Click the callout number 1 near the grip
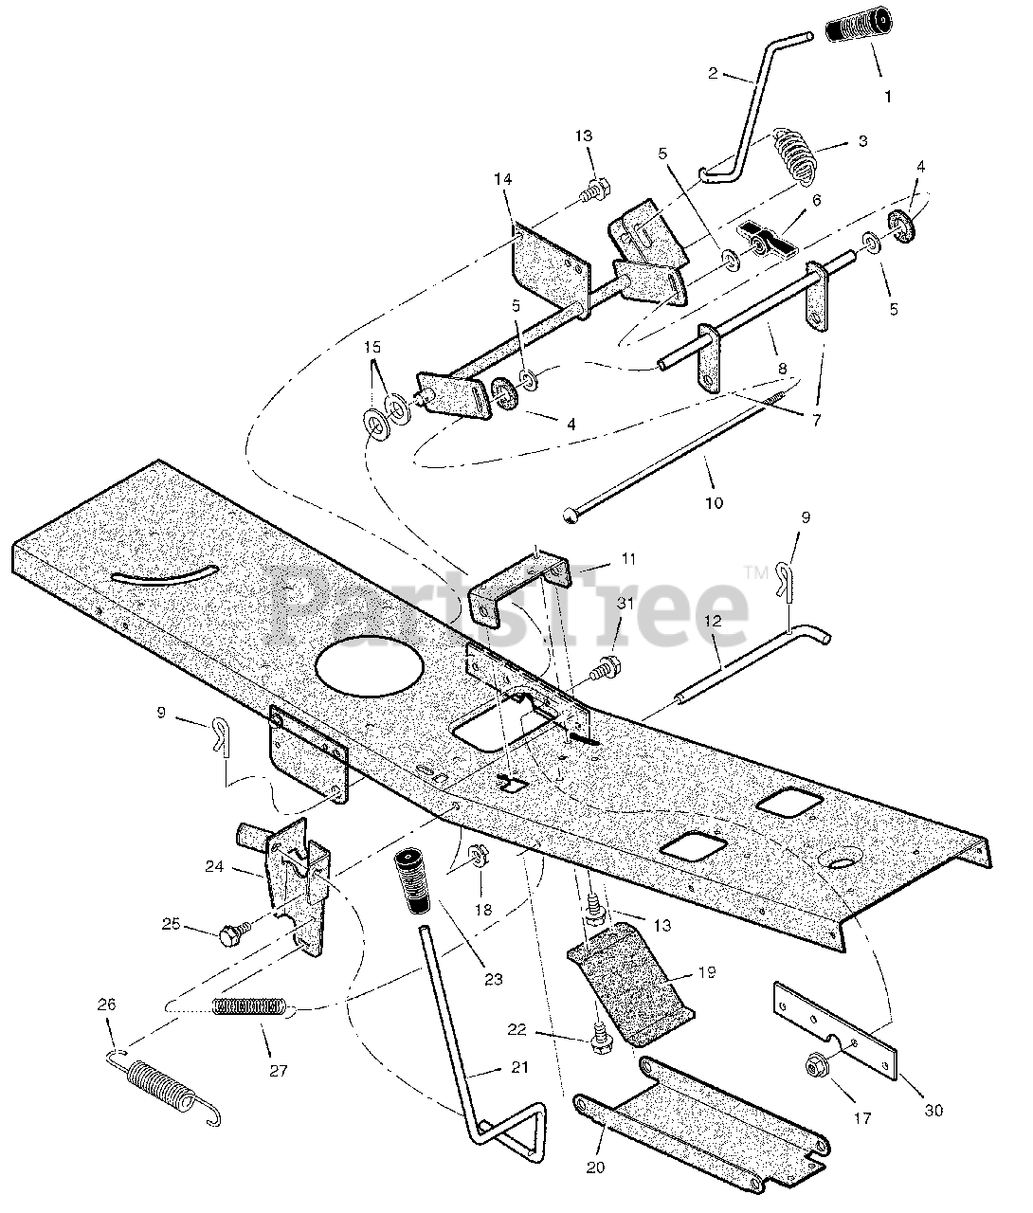(887, 96)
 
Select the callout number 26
(106, 1031)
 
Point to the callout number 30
(934, 1110)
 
